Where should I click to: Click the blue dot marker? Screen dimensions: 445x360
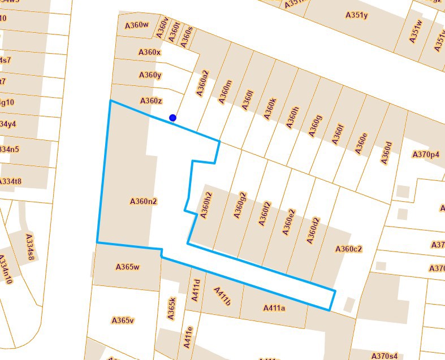click(x=172, y=118)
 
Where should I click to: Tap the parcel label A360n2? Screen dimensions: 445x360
click(x=143, y=201)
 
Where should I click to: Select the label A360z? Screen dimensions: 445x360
click(x=151, y=101)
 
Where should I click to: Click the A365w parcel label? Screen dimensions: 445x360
click(x=127, y=267)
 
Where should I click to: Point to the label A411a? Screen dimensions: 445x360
click(x=274, y=308)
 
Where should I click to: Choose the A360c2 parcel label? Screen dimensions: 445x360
click(x=348, y=249)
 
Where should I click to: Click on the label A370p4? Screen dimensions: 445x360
click(x=426, y=154)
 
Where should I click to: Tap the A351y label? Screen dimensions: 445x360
click(x=356, y=15)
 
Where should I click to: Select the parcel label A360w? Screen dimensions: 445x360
click(x=136, y=25)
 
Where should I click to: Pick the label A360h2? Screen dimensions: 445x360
click(x=206, y=205)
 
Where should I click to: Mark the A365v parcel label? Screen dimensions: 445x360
click(x=123, y=320)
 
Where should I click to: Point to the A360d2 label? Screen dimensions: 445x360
click(x=313, y=230)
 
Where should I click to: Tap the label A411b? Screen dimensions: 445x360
click(x=222, y=296)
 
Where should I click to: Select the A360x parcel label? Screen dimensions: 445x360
click(x=150, y=52)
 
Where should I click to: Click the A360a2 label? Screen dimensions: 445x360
click(x=202, y=82)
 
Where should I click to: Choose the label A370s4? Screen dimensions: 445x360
click(x=384, y=356)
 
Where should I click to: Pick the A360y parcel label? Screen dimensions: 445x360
click(x=150, y=75)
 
